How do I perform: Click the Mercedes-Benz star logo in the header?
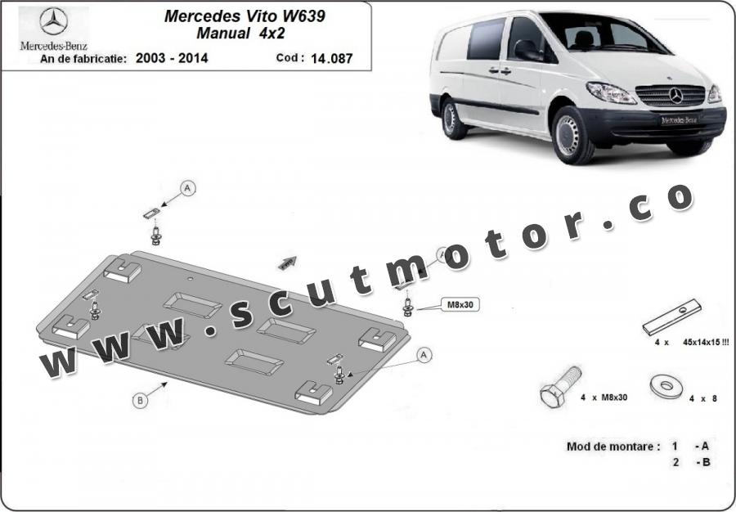pyautogui.click(x=53, y=21)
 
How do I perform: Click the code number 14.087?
pyautogui.click(x=331, y=59)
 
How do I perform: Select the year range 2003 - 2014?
pyautogui.click(x=172, y=58)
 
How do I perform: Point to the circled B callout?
pyautogui.click(x=139, y=400)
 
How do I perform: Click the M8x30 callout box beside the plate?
pyautogui.click(x=460, y=304)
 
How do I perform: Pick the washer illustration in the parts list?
pyautogui.click(x=666, y=386)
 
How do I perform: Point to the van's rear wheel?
pyautogui.click(x=452, y=119)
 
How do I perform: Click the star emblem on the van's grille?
pyautogui.click(x=676, y=95)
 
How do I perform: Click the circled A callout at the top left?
pyautogui.click(x=188, y=188)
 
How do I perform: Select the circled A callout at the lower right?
pyautogui.click(x=424, y=355)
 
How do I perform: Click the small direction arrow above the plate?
pyautogui.click(x=287, y=263)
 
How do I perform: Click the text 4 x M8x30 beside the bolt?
pyautogui.click(x=604, y=397)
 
